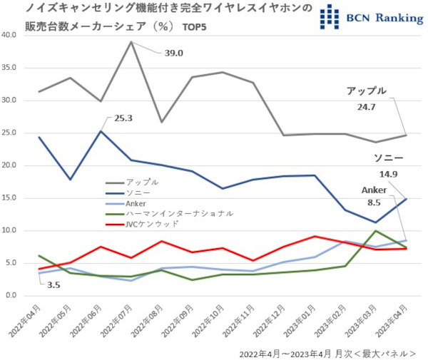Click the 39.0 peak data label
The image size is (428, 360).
tap(175, 53)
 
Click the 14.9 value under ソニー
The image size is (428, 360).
tap(388, 173)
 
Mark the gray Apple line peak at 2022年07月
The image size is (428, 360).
tap(131, 42)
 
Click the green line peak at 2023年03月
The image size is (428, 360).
tap(375, 231)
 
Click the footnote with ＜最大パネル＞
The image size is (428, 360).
tap(327, 353)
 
